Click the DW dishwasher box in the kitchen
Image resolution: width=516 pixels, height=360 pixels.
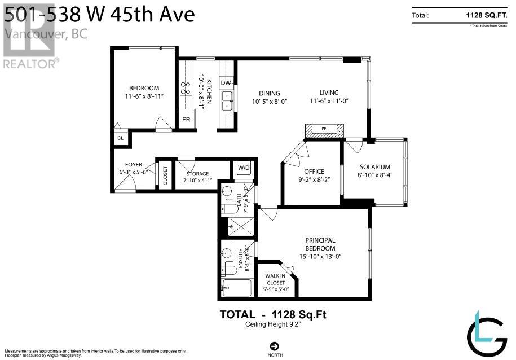226,83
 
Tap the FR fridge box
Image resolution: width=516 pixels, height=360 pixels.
186,120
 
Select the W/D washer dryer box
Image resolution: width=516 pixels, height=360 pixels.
244,168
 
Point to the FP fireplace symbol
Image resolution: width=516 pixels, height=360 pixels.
324,129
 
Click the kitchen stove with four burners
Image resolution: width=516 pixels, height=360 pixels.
185,87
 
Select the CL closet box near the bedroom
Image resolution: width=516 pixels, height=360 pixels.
120,138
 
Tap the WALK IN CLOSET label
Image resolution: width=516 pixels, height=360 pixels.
275,279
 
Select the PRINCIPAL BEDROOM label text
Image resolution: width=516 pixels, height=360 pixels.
320,244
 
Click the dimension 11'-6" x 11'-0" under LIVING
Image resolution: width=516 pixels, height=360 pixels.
329,102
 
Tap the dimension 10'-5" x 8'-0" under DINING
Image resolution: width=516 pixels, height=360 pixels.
270,102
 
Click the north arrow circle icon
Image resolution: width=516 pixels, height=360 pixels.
275,346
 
